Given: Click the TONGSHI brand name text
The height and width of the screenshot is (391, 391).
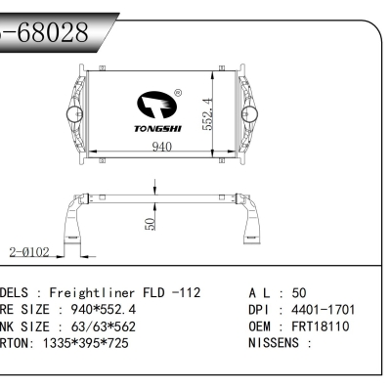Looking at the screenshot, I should [156, 128].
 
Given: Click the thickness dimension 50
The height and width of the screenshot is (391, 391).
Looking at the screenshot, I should [149, 223].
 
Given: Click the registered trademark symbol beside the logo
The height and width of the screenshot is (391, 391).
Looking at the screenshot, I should [177, 94].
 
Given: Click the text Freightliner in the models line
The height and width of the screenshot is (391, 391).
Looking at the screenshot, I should [95, 292].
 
